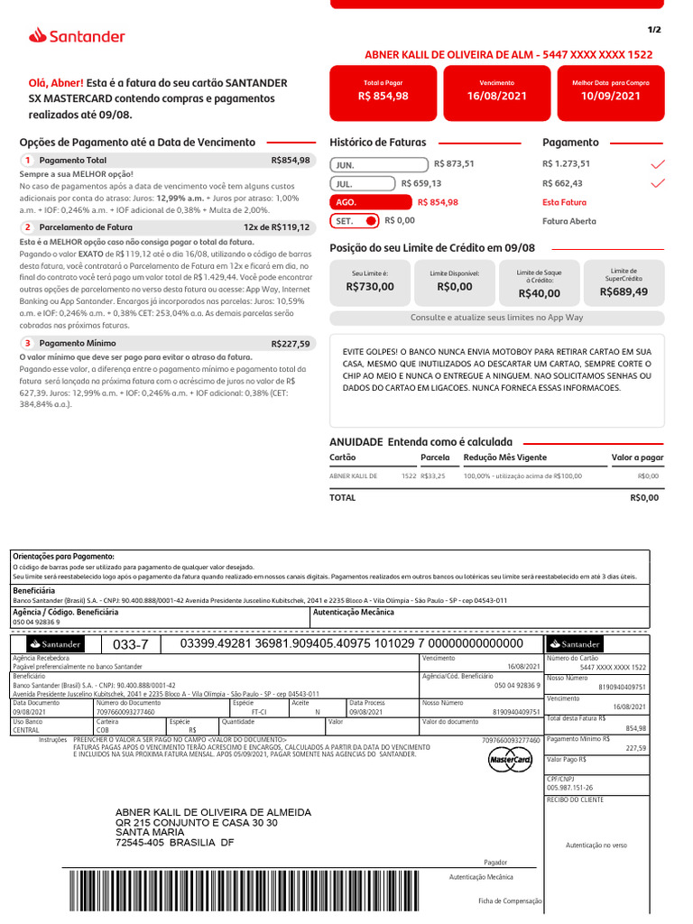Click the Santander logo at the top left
77,36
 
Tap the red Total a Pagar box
383,90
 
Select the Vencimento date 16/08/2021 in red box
496,90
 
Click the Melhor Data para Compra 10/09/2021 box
611,90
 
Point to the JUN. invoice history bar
379,165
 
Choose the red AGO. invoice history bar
369,202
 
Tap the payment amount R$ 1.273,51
566,164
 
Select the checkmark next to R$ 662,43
658,183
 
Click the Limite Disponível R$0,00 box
455,281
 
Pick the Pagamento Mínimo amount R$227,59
290,344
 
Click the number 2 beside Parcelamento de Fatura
28,227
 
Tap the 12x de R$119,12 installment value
276,227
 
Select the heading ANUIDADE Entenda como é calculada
420,442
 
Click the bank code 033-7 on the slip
130,644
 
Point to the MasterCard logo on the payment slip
510,762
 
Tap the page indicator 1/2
654,30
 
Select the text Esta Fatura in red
564,202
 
